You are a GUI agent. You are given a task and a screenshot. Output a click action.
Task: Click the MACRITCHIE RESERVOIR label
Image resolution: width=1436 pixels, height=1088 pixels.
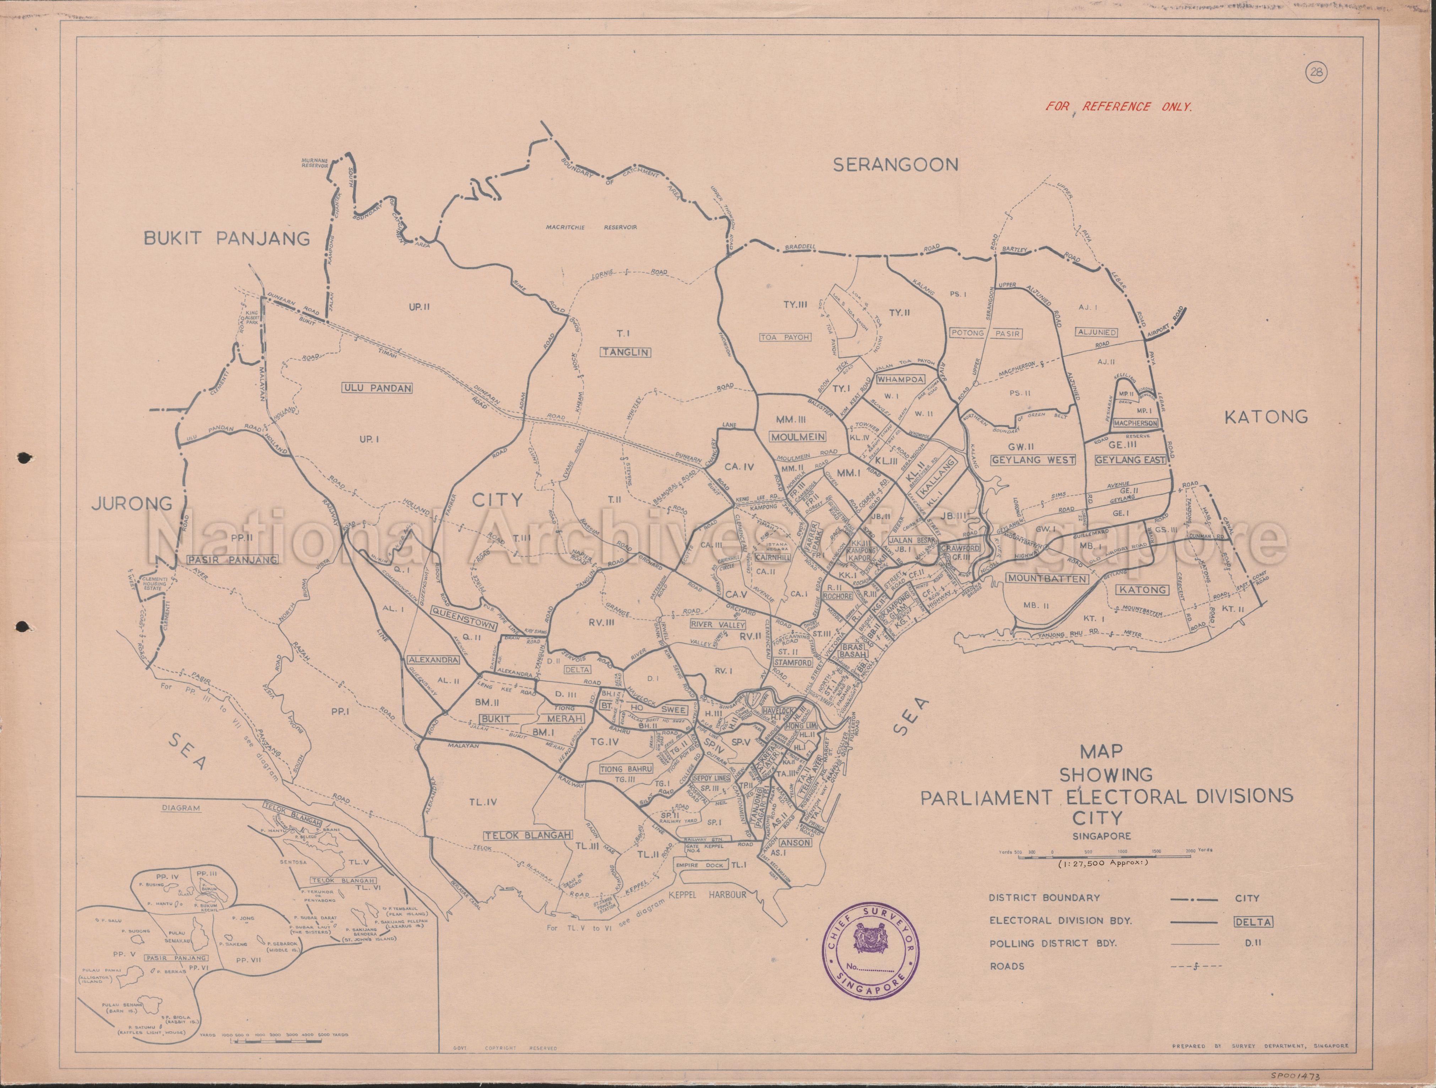pyautogui.click(x=591, y=227)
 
